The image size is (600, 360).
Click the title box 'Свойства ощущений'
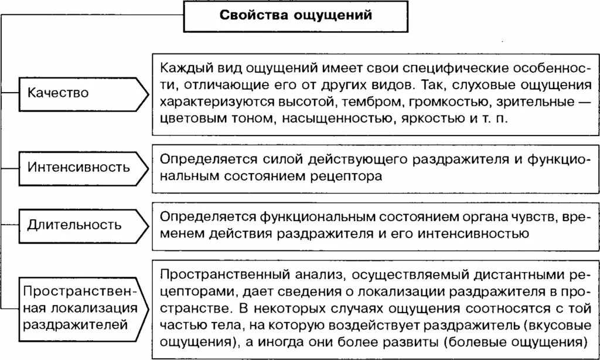pos(296,16)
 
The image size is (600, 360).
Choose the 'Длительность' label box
pos(75,225)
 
